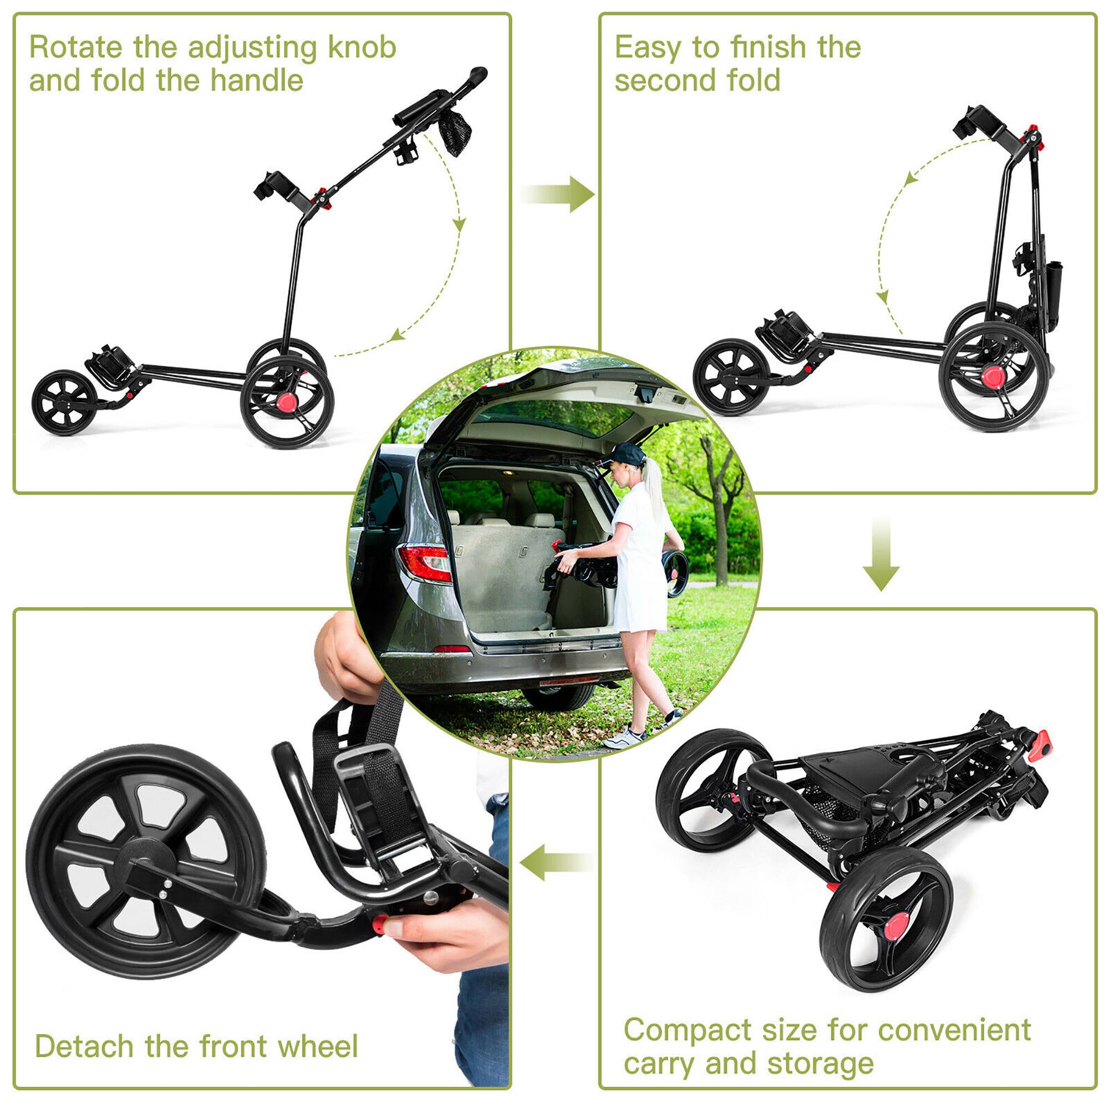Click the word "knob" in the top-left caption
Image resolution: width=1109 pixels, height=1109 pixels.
pos(362,47)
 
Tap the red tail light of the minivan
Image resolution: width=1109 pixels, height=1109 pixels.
pos(425,562)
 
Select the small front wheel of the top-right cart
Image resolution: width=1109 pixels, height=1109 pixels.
pos(731,376)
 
